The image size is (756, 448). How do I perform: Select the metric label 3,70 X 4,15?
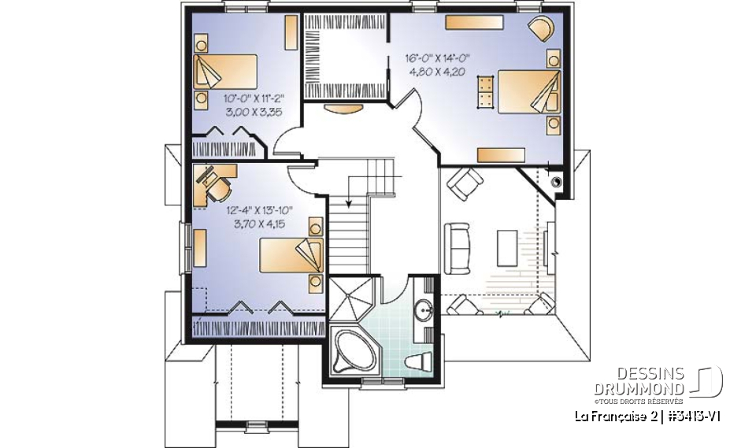click(x=259, y=224)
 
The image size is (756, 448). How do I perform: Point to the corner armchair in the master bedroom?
click(x=541, y=28)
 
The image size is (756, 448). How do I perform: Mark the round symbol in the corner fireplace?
click(x=558, y=181)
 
